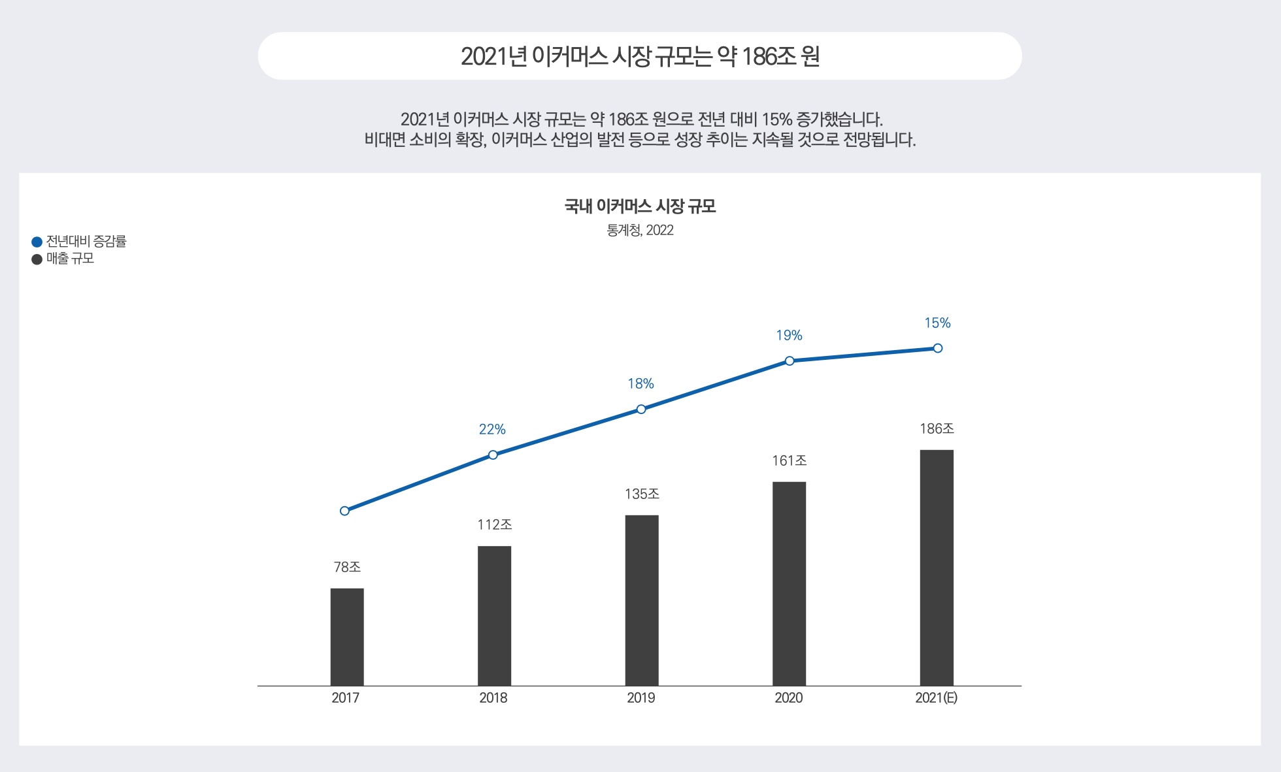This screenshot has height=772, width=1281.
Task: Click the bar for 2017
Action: (347, 637)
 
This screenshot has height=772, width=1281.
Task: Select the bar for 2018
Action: (494, 615)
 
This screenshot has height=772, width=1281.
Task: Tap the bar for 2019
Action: (642, 600)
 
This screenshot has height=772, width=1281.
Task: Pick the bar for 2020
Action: (789, 583)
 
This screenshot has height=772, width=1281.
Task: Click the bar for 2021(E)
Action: (937, 567)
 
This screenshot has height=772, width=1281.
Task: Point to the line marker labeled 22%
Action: (493, 455)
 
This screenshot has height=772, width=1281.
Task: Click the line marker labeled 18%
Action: (641, 409)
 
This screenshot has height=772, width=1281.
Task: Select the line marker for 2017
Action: (344, 511)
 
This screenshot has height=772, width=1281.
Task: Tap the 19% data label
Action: (789, 336)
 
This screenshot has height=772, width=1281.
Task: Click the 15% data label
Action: (937, 323)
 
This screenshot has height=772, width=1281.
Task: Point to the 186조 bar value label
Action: (937, 429)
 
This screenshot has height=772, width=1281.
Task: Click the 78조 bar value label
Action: (347, 568)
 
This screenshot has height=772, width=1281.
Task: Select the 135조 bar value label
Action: (642, 494)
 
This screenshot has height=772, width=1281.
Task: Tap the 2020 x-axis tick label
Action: (789, 698)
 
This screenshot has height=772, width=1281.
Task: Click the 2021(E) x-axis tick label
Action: (936, 698)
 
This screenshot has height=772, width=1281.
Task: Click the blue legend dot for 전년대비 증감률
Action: (37, 242)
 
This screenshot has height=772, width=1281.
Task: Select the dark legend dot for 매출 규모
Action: (37, 259)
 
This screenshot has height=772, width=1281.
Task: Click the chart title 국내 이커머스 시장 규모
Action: (640, 207)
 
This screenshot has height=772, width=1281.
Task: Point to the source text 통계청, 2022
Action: (640, 231)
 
